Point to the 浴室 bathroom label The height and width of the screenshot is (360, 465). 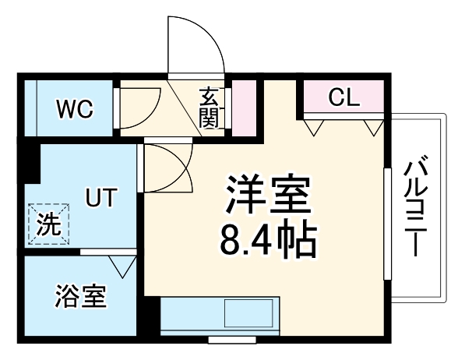(x=80, y=297)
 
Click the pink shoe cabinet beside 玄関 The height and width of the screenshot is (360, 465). (x=244, y=107)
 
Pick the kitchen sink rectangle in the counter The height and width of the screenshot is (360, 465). (x=248, y=316)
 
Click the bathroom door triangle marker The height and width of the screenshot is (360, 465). (x=122, y=266)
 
